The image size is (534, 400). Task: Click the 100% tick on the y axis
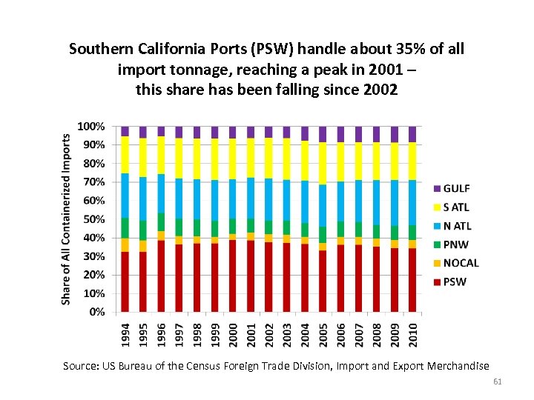pos(91,127)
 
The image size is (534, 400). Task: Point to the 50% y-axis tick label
pos(93,219)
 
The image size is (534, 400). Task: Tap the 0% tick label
pos(96,312)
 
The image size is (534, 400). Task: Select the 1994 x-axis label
pos(125,332)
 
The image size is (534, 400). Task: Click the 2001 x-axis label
pos(251,332)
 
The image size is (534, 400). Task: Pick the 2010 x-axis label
pos(412,332)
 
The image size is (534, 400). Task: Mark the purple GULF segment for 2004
pos(305,133)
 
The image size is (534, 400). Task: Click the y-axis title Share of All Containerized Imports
pos(66,219)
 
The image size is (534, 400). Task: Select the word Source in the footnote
pos(80,366)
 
